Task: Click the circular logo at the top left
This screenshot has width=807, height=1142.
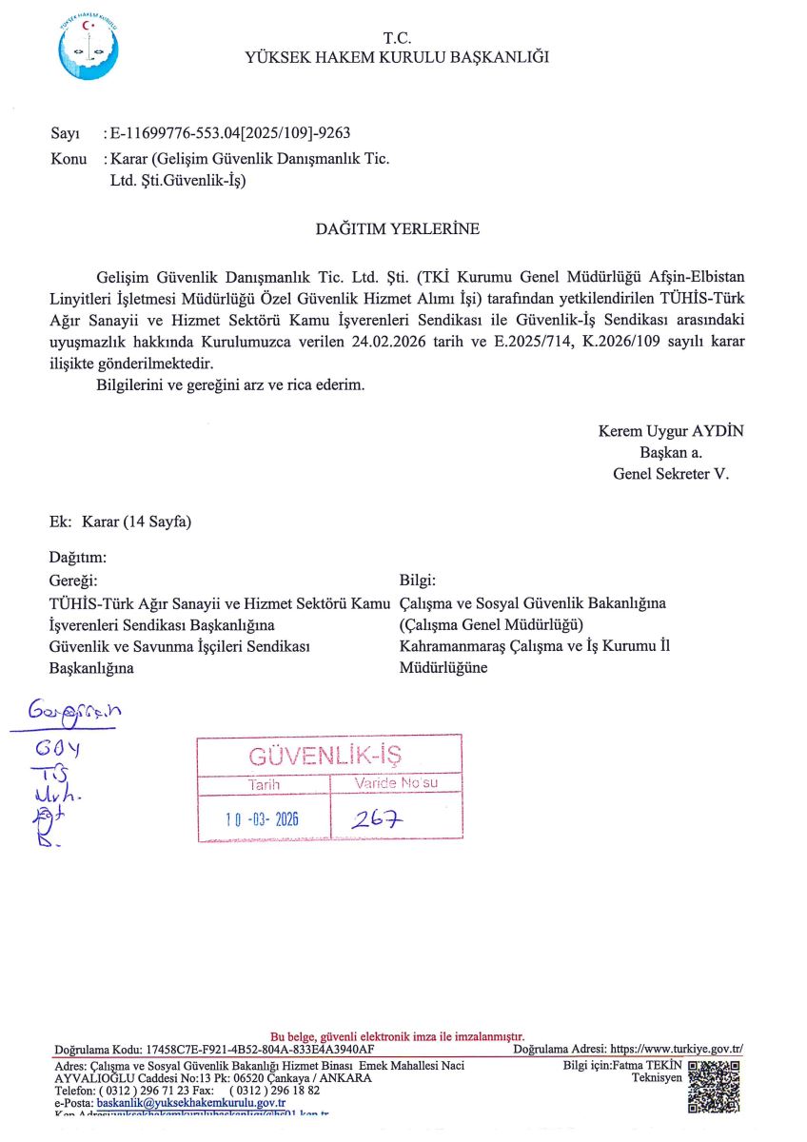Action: pyautogui.click(x=89, y=48)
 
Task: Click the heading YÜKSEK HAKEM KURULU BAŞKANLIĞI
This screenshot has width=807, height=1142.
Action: pyautogui.click(x=397, y=57)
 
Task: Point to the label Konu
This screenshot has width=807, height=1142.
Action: pyautogui.click(x=69, y=158)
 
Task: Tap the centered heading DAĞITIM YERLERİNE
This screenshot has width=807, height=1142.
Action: pyautogui.click(x=397, y=228)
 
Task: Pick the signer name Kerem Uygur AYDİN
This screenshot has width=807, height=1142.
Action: pyautogui.click(x=671, y=431)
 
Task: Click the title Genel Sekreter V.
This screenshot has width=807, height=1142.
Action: pyautogui.click(x=671, y=473)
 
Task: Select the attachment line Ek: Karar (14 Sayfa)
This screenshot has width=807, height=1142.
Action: pyautogui.click(x=121, y=522)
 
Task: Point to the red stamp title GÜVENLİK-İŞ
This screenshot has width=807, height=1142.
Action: pyautogui.click(x=325, y=757)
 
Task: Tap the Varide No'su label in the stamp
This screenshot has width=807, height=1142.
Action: pyautogui.click(x=395, y=783)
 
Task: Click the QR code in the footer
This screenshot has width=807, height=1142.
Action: pyautogui.click(x=714, y=1087)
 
